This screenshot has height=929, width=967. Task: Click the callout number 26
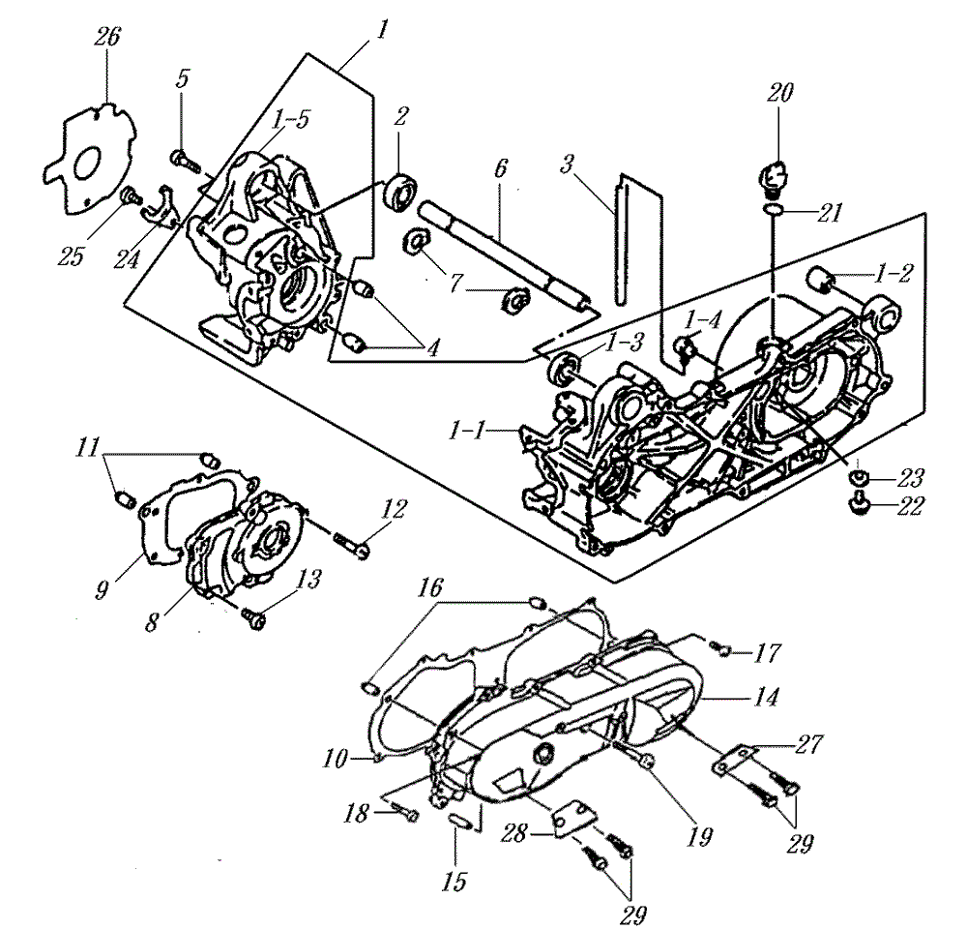coord(107,37)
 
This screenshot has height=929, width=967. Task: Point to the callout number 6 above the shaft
coord(500,168)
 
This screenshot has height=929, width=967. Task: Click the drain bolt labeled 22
coord(858,504)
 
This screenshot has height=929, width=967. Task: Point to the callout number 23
coord(910,478)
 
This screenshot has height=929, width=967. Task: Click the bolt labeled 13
coord(253,618)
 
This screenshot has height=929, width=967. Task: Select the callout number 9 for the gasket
coord(102,590)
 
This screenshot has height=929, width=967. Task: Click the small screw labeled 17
coord(719,647)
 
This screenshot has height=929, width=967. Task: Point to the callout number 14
coord(765,697)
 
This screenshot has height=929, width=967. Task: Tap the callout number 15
coord(454,882)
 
